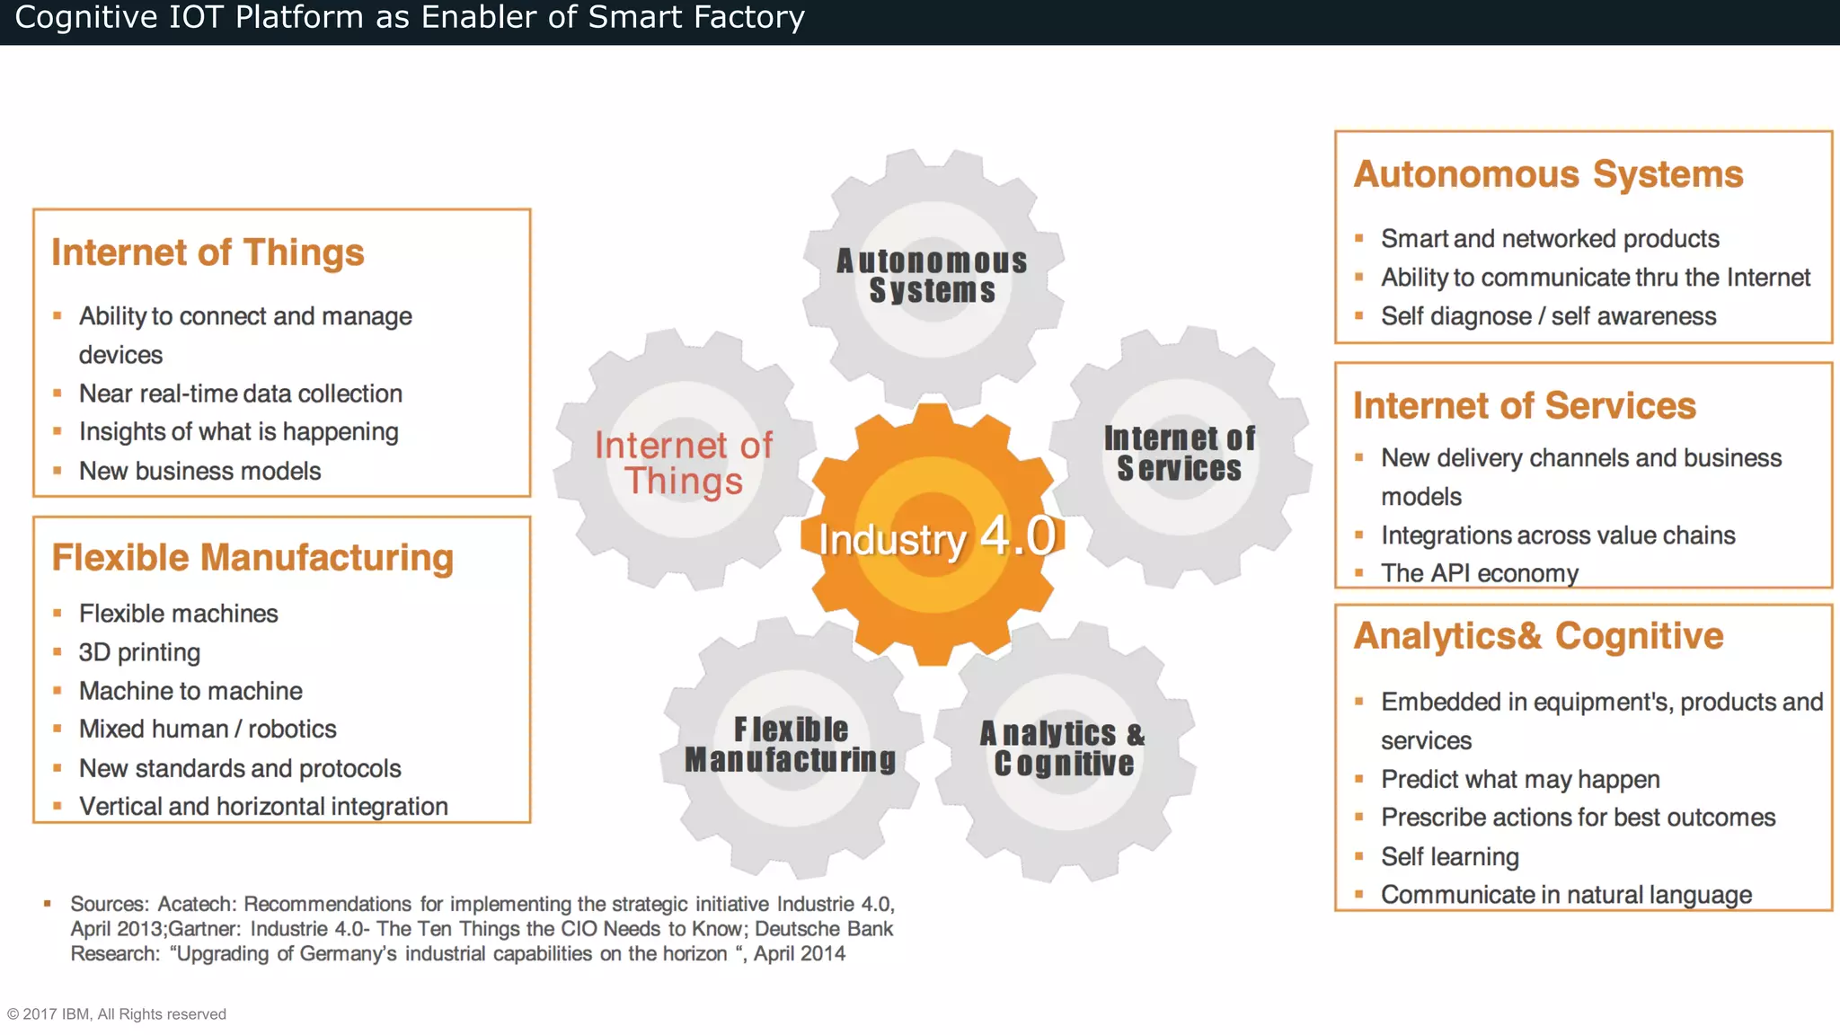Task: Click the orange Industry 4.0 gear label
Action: click(936, 538)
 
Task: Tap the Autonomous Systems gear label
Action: click(932, 276)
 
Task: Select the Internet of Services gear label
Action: click(1180, 454)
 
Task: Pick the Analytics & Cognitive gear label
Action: click(1063, 748)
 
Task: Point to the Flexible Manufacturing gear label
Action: click(791, 745)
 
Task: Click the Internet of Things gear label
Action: click(684, 463)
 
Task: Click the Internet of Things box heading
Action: click(208, 252)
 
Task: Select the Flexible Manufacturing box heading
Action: click(252, 558)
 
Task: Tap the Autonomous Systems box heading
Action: click(1548, 174)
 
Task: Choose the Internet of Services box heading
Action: click(1525, 406)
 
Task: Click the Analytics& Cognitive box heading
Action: click(1538, 636)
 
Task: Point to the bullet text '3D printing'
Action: click(139, 652)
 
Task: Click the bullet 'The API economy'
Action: click(1479, 573)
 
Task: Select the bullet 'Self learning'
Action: click(1449, 856)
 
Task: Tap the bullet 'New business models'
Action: click(199, 471)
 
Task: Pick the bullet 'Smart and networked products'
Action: click(1550, 239)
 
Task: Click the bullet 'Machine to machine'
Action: click(190, 691)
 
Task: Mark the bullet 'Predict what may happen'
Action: click(1520, 779)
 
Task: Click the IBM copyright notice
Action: click(117, 1014)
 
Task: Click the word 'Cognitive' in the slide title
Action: click(86, 17)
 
